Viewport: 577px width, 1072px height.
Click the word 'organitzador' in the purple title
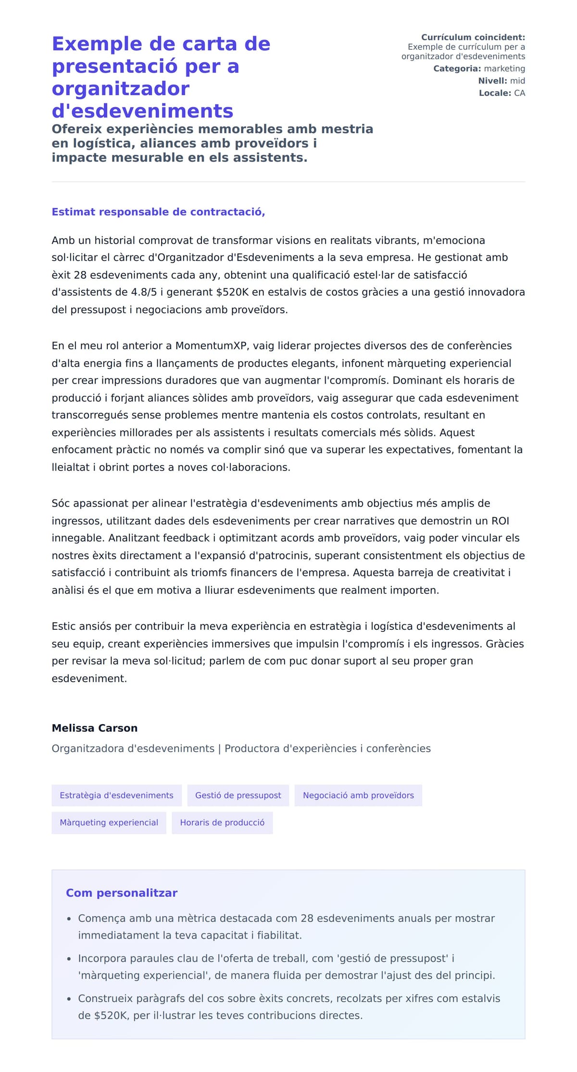click(x=121, y=89)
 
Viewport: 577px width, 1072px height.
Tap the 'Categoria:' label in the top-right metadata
click(x=457, y=69)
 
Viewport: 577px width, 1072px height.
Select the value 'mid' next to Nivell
click(x=517, y=81)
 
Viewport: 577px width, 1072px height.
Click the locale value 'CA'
click(x=519, y=93)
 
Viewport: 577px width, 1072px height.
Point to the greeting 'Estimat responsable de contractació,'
click(x=158, y=212)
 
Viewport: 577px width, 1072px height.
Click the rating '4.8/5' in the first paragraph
click(x=144, y=292)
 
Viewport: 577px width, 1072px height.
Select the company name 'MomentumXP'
click(x=211, y=345)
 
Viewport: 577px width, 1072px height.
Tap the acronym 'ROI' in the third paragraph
click(x=500, y=521)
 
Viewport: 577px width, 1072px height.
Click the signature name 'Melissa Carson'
click(x=95, y=728)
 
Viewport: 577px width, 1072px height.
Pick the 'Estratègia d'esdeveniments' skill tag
click(x=116, y=795)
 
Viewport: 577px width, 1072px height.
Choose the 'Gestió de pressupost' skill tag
click(x=238, y=795)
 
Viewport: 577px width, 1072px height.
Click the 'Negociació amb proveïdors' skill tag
click(x=358, y=795)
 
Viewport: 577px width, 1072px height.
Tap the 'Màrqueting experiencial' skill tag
click(x=109, y=822)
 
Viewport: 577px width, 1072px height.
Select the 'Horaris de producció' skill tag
click(x=222, y=822)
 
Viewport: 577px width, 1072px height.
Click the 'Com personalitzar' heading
click(x=122, y=893)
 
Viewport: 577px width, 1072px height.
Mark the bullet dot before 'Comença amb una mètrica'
click(x=69, y=919)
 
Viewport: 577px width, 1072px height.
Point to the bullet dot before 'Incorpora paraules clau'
click(x=69, y=959)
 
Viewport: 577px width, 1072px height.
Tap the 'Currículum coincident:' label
click(x=473, y=37)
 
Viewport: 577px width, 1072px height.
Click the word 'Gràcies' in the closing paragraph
click(x=505, y=644)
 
